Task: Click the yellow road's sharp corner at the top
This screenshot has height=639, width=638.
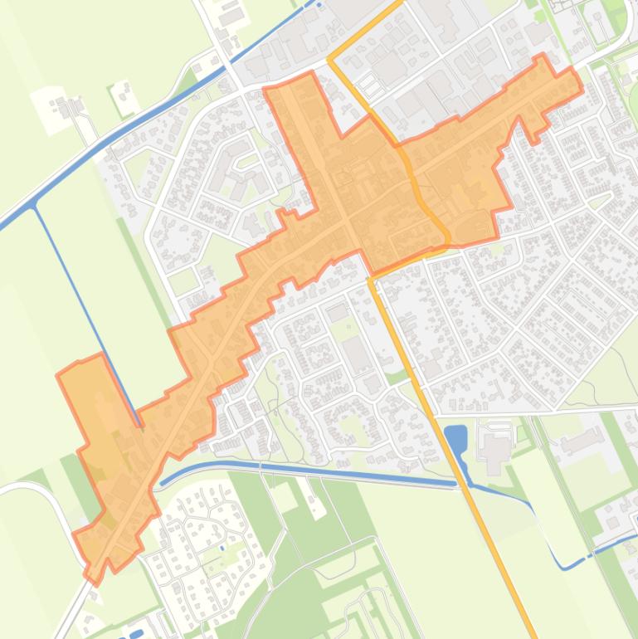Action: coord(330,59)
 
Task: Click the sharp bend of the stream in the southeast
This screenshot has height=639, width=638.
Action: coord(565,568)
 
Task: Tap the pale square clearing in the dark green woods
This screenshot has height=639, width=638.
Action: coord(285,497)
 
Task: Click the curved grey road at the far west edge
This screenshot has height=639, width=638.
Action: coord(50,498)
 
